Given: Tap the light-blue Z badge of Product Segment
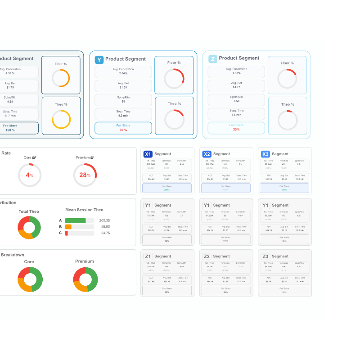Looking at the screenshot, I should tap(213, 58).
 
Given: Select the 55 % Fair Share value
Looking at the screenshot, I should tap(123, 130).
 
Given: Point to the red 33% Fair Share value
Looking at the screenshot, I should tap(236, 130).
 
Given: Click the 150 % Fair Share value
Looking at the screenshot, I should tap(10, 130).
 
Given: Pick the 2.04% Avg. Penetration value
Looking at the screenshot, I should tap(123, 73).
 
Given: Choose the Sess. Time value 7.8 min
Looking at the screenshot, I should tap(236, 115).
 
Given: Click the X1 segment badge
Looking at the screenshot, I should tap(148, 154).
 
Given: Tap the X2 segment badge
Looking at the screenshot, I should tap(207, 154).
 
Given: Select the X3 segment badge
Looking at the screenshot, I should tap(265, 154).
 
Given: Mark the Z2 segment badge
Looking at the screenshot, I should tap(207, 256).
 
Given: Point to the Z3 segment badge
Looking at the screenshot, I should tap(265, 256).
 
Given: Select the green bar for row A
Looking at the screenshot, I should tap(75, 220).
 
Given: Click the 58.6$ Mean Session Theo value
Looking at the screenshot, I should tap(105, 227).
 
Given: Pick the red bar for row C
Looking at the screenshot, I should tap(67, 233).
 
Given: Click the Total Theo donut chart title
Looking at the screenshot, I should tap(29, 211).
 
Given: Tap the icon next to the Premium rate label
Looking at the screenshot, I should tap(92, 157).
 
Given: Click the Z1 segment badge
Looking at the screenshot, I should tap(148, 256).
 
